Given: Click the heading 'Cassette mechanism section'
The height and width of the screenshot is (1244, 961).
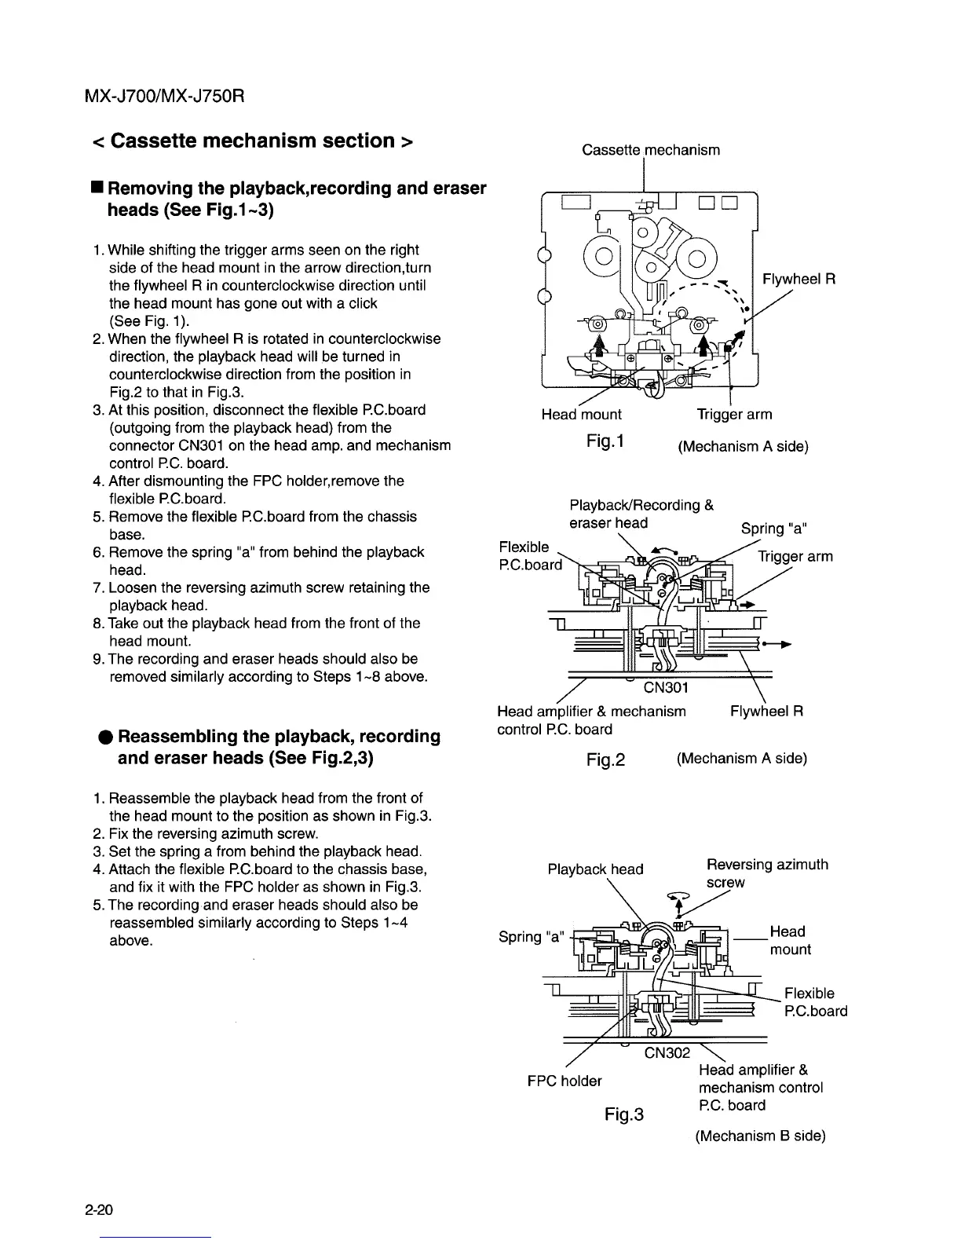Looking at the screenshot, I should click(252, 141).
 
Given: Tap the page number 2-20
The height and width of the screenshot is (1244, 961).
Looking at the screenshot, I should click(100, 1210).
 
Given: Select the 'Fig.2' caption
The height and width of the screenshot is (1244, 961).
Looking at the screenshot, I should click(605, 759).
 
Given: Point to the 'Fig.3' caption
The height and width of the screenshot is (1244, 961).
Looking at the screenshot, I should click(624, 1114).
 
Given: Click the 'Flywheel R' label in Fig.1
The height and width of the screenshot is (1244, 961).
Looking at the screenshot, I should click(798, 280).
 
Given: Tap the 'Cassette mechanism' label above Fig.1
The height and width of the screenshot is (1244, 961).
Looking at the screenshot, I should click(651, 149).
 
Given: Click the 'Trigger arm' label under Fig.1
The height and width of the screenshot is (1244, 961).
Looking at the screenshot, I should click(734, 414).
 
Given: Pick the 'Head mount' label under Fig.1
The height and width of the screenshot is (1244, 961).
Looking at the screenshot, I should click(581, 414).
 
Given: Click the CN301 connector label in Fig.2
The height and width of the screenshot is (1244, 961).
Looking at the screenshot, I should click(666, 689).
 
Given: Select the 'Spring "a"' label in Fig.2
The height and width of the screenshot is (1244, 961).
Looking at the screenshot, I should click(773, 528).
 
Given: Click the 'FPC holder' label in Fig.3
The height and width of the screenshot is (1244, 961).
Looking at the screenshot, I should click(565, 1081).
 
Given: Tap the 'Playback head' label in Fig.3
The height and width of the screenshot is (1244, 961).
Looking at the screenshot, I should click(595, 869).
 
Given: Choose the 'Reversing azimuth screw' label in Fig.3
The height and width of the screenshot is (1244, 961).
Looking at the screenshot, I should click(767, 873).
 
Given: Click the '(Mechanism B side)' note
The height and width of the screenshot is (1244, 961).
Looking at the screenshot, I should click(760, 1136).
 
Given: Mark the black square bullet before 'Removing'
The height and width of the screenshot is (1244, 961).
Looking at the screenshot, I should click(95, 188).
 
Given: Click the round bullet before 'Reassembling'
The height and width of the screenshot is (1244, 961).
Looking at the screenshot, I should click(104, 737).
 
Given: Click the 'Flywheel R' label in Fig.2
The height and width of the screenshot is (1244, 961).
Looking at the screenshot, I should click(766, 712).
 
